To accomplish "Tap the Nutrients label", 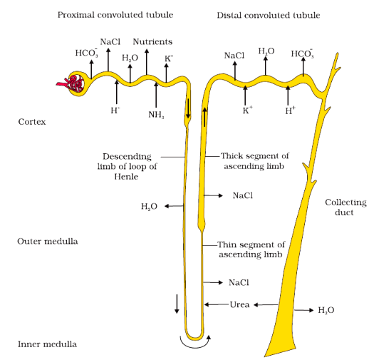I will click(x=152, y=42).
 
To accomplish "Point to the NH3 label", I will click(x=156, y=114).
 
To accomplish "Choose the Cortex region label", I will click(x=32, y=122).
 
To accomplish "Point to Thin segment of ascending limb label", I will click(x=251, y=249).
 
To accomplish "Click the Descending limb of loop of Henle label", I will click(x=130, y=166).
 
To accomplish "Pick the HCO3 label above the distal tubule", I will click(x=302, y=53).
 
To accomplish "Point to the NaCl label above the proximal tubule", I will click(x=110, y=42).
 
